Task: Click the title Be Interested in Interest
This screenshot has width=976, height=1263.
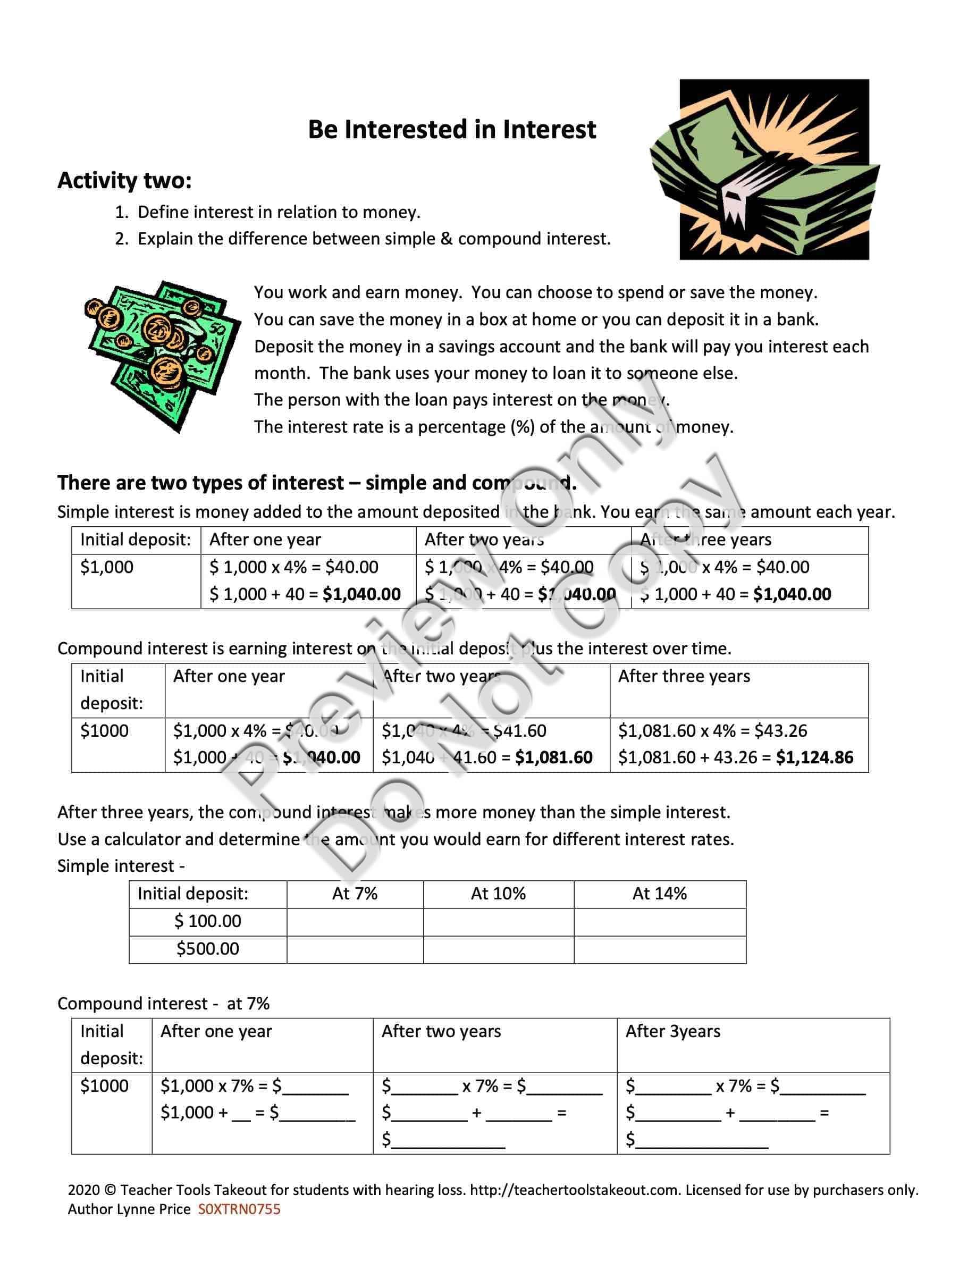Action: point(451,130)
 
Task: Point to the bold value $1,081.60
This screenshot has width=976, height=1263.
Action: point(553,757)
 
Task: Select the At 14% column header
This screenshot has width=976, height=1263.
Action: point(659,894)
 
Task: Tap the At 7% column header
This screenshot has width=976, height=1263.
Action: point(355,894)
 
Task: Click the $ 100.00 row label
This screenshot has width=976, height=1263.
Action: point(207,921)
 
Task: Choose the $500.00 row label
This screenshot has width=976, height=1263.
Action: point(207,949)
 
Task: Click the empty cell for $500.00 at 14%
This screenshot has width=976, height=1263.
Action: point(660,949)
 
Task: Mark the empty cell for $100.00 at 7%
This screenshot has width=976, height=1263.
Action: point(355,922)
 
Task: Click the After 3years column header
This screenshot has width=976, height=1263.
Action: point(673,1032)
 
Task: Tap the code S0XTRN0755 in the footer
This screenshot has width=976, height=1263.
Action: point(239,1209)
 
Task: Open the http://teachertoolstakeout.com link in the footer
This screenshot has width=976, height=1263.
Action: point(574,1190)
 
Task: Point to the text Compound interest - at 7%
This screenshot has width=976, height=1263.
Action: point(164,1004)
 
